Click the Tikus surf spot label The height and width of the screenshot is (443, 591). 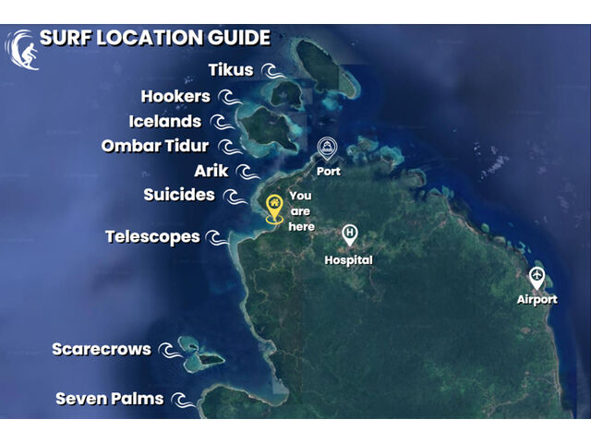pyautogui.click(x=231, y=70)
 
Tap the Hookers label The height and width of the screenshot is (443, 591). pyautogui.click(x=175, y=96)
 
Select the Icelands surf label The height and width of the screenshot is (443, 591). pyautogui.click(x=165, y=121)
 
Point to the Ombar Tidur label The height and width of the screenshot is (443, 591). pyautogui.click(x=155, y=146)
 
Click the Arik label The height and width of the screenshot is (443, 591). pyautogui.click(x=211, y=171)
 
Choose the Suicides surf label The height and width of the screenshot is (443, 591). pyautogui.click(x=179, y=195)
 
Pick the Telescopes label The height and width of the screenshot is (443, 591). pyautogui.click(x=152, y=236)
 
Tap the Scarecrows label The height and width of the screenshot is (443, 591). pyautogui.click(x=102, y=349)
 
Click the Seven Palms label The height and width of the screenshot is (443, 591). pyautogui.click(x=110, y=399)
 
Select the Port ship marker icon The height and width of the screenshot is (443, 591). pyautogui.click(x=327, y=149)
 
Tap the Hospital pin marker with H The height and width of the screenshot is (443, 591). pyautogui.click(x=349, y=235)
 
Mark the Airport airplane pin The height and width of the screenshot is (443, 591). pyautogui.click(x=537, y=277)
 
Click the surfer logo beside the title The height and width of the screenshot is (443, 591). pyautogui.click(x=20, y=48)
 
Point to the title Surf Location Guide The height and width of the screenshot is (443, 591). pyautogui.click(x=155, y=38)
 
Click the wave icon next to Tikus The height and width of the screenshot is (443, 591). pyautogui.click(x=269, y=71)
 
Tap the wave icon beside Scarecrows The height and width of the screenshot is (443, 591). pyautogui.click(x=167, y=351)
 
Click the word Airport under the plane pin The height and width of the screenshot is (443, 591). pyautogui.click(x=537, y=299)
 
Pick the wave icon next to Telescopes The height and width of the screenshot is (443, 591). pyautogui.click(x=215, y=238)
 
